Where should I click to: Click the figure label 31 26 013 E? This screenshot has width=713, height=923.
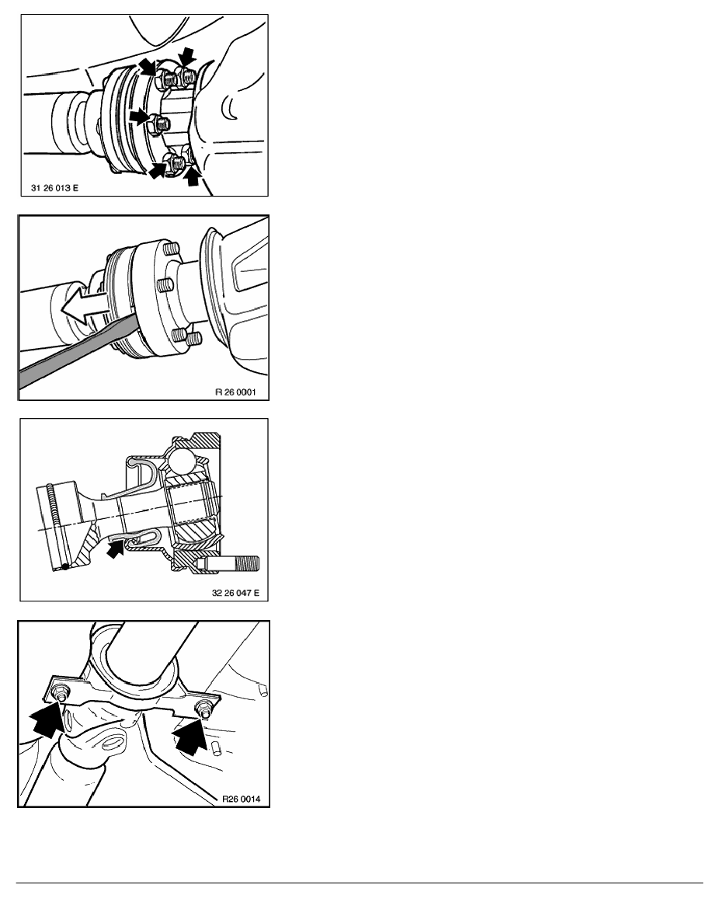click(54, 188)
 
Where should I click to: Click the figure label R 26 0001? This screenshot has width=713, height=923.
click(235, 392)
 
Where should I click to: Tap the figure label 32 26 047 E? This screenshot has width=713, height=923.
click(235, 593)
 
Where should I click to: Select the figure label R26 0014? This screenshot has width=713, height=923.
click(242, 799)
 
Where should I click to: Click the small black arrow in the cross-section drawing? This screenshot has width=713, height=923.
click(115, 549)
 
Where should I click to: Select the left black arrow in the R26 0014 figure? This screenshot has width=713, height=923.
click(47, 719)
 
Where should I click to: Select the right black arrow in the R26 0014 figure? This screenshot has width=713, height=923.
click(190, 735)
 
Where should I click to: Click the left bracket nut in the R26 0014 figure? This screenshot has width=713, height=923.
click(59, 692)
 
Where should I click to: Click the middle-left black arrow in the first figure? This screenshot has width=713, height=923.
click(140, 117)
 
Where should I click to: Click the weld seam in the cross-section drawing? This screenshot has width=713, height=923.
click(57, 526)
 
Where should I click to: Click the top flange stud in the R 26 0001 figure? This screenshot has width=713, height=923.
click(171, 248)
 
